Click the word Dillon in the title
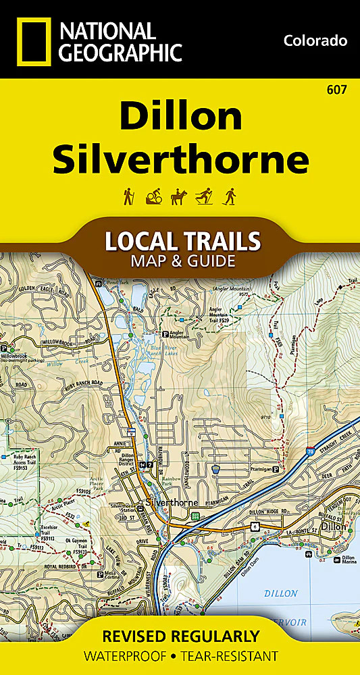pyautogui.click(x=180, y=118)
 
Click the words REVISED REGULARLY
pyautogui.click(x=180, y=636)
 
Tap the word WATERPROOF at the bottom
pyautogui.click(x=122, y=656)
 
